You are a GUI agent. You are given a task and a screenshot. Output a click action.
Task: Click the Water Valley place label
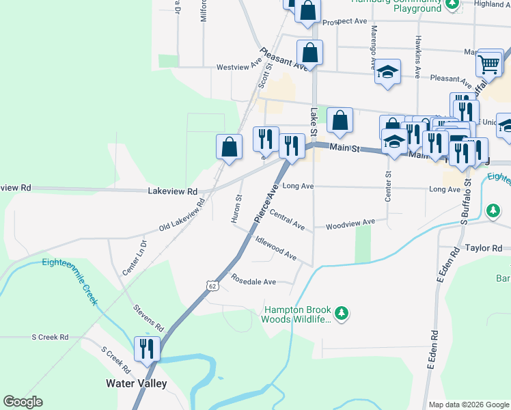pos(136,383)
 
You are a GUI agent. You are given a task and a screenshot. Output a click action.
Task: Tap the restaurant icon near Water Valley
pos(148,348)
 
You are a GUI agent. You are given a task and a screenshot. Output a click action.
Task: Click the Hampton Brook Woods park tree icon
pos(342,314)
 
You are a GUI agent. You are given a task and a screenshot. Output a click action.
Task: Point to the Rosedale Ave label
pos(253,282)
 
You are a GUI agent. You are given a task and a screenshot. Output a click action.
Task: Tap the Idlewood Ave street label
pos(275,248)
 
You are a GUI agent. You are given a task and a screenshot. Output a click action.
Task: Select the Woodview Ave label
pos(350,223)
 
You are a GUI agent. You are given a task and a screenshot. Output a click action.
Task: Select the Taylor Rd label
pos(483,249)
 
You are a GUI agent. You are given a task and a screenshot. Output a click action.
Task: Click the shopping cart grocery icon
pos(490,64)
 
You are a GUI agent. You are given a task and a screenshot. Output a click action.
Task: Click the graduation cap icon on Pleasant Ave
pos(387,71)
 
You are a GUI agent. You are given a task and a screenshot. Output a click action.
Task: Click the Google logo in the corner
pos(23,402)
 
